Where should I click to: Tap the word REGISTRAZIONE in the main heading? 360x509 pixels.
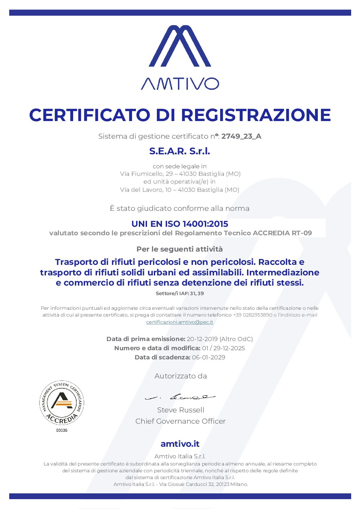point(256,115)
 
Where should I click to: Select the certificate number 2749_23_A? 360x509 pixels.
point(241,136)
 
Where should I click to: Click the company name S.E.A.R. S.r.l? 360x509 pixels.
point(180,151)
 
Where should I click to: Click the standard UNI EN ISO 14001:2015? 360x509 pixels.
point(180,224)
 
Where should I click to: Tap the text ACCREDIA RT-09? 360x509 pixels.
point(282,233)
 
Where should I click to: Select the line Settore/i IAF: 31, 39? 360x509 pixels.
point(180,293)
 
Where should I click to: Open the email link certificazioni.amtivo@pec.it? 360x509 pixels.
point(180,322)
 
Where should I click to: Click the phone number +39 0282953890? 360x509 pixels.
point(252,315)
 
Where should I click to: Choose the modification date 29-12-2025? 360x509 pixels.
point(229,348)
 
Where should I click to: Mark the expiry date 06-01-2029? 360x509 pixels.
point(209,357)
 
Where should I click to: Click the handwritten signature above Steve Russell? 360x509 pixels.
point(180,397)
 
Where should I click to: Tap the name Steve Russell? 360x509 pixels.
point(181,410)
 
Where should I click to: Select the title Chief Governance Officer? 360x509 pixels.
point(180,421)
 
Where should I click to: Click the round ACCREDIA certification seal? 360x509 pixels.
point(62,403)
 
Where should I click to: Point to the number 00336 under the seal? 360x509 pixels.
point(62,430)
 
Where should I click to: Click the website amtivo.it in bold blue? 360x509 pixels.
point(180,444)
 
